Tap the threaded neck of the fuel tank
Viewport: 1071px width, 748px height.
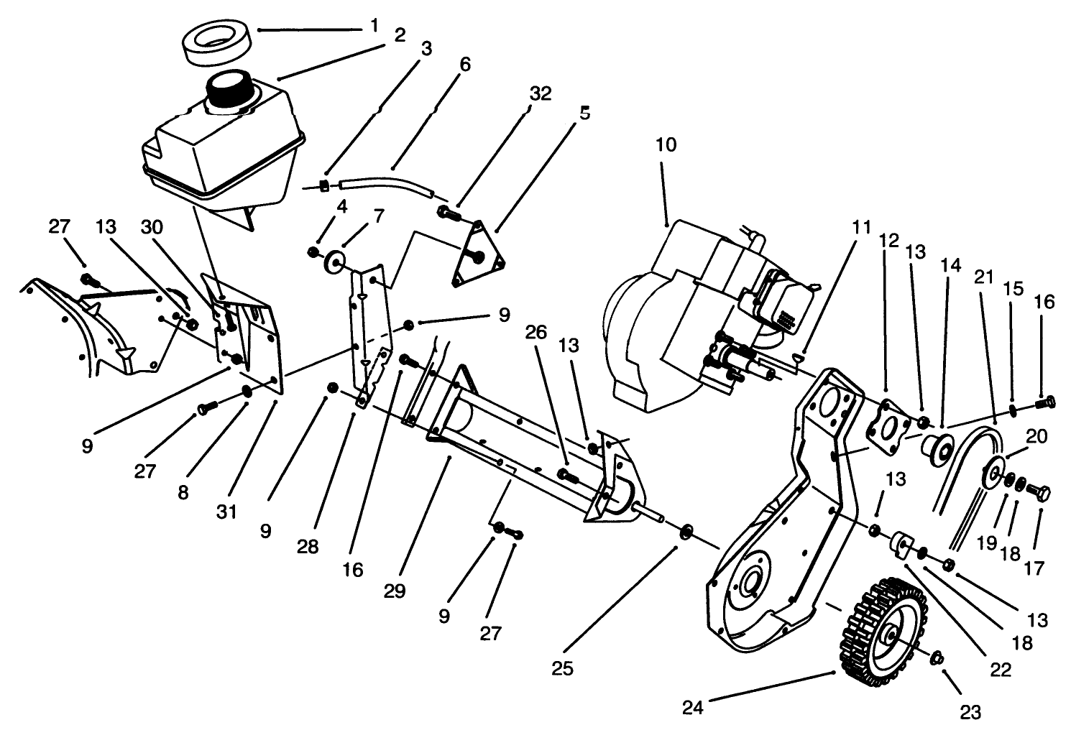(231, 91)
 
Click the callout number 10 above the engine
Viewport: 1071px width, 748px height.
(666, 144)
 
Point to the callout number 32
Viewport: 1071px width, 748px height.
(541, 93)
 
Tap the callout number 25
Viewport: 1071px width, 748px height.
(562, 668)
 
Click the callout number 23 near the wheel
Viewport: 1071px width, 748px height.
(970, 712)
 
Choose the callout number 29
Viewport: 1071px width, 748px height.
(395, 591)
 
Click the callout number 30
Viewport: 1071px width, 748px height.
(152, 227)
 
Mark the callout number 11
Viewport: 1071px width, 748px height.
(861, 228)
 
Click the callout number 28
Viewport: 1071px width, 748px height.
(308, 547)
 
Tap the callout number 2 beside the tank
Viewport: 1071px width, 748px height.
(400, 34)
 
